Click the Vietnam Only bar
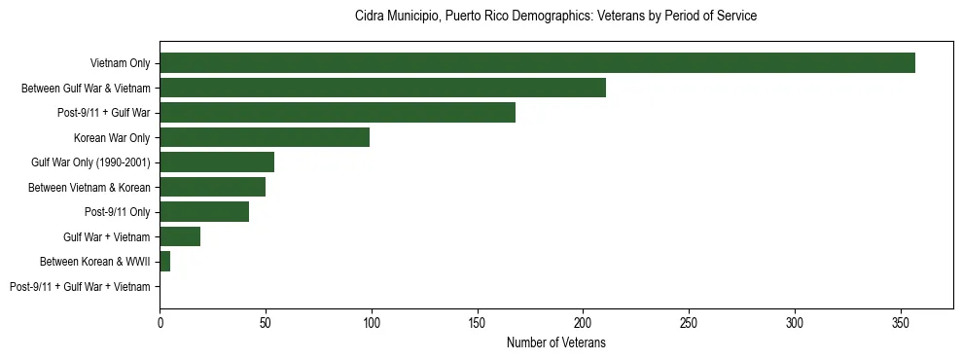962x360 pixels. click(537, 63)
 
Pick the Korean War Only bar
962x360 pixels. click(265, 137)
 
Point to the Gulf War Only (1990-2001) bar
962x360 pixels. click(217, 162)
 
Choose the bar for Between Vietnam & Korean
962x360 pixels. click(212, 187)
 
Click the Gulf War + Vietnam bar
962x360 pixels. click(180, 236)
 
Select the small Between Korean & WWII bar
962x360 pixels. click(164, 262)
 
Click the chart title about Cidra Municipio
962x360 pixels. click(555, 17)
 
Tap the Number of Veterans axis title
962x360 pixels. click(555, 342)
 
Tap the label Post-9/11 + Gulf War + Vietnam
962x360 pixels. click(80, 287)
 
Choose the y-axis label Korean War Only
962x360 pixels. click(112, 138)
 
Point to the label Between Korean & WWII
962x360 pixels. click(95, 262)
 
